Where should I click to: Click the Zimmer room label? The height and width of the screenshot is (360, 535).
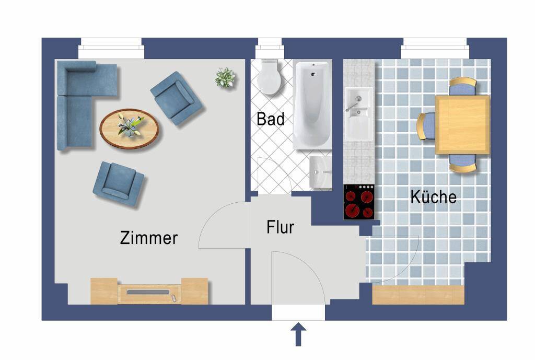[x=149, y=238]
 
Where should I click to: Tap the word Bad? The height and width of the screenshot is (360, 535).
[x=270, y=119]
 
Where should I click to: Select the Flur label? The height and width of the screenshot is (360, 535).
[x=280, y=227]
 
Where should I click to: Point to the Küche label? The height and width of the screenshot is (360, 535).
[x=433, y=196]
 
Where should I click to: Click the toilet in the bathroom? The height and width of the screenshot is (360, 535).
[x=269, y=77]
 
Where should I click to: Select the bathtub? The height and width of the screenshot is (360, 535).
[x=312, y=105]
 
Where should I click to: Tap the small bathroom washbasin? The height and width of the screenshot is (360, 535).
[x=320, y=172]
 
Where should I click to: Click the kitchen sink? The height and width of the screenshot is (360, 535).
[x=358, y=113]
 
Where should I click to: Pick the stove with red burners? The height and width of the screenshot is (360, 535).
[x=358, y=202]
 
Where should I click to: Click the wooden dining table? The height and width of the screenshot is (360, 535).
[x=462, y=125]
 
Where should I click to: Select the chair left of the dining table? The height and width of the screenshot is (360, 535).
[x=426, y=126]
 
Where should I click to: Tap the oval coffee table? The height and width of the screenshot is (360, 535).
[x=129, y=129]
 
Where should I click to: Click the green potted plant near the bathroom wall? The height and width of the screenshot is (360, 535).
[x=225, y=78]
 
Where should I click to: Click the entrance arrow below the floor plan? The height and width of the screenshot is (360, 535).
[x=298, y=334]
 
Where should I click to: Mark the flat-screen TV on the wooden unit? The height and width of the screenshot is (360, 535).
[x=148, y=292]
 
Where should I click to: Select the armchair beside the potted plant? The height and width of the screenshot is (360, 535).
[x=177, y=98]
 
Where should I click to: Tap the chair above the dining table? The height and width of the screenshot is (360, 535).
[x=462, y=87]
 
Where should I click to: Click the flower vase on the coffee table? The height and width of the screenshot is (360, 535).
[x=130, y=125]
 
